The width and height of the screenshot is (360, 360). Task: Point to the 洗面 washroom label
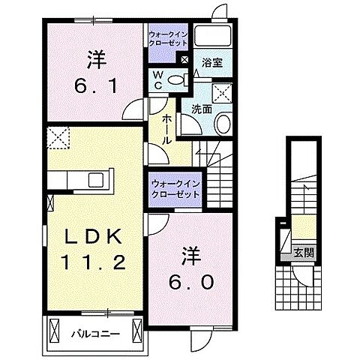(201, 109)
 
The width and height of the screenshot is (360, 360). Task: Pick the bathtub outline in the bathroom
(217, 37)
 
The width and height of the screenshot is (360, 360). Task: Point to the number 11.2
(82, 264)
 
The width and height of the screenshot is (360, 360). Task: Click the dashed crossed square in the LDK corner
(57, 137)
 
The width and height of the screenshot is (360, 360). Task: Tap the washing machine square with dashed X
(221, 94)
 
